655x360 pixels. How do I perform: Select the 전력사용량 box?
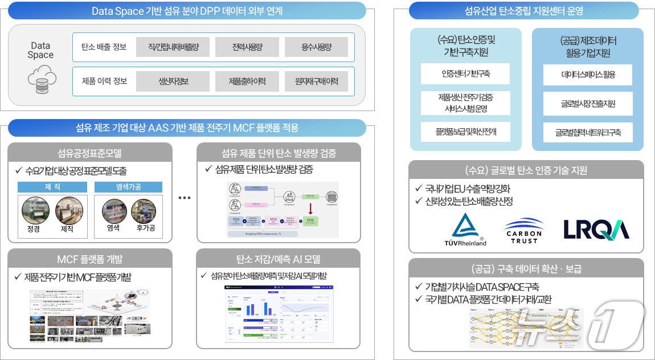click(247, 47)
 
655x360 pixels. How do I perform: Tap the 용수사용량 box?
click(316, 47)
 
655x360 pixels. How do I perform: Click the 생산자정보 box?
click(173, 81)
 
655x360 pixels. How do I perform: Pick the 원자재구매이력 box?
click(316, 81)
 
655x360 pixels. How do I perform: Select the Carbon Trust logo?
click(523, 229)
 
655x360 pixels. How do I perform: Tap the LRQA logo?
click(596, 229)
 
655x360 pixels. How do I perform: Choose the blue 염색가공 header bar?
click(128, 187)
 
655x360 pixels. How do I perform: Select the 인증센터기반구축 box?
click(465, 74)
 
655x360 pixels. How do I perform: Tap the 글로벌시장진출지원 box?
click(588, 104)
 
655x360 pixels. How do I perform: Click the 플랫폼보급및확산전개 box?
click(465, 132)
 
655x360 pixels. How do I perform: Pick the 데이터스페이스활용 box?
click(588, 74)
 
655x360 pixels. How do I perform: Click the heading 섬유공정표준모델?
click(89, 152)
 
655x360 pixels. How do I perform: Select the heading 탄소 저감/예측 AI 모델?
click(279, 259)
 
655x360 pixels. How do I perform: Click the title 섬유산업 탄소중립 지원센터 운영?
click(523, 10)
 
